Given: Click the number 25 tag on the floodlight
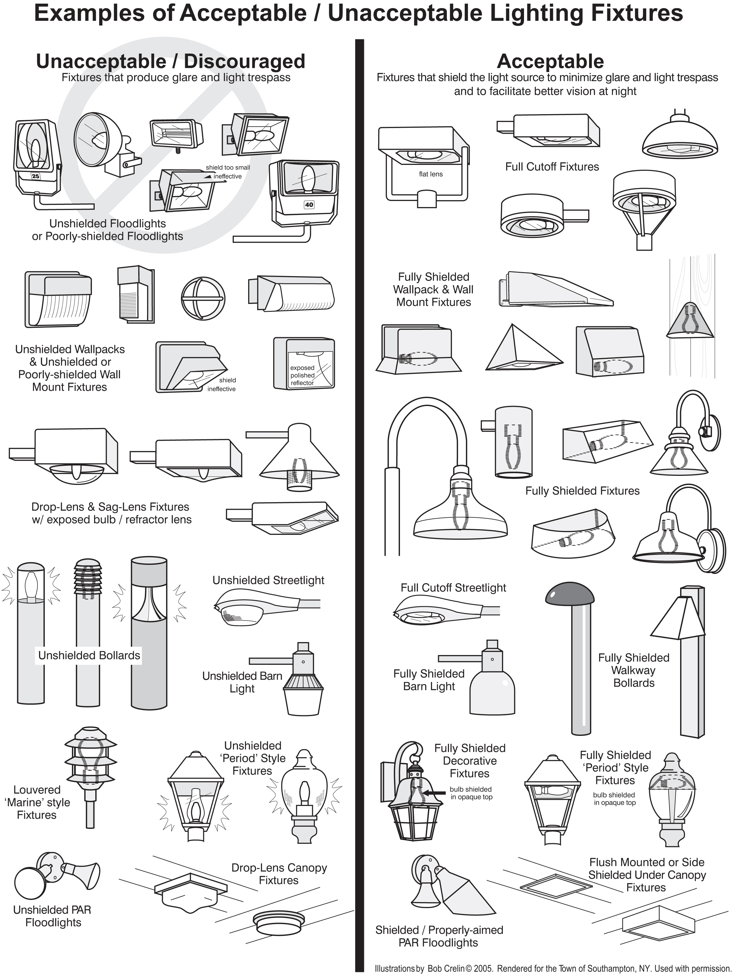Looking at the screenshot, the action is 35,176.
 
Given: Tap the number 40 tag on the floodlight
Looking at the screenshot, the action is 309,205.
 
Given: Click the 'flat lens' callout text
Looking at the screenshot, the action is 431,174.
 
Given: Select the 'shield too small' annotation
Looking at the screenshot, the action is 228,167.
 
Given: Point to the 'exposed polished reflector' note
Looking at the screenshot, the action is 302,375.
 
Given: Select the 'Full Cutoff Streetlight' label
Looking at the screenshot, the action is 453,588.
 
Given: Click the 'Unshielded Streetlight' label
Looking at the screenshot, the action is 268,580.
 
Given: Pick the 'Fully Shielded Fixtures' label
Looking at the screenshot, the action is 582,491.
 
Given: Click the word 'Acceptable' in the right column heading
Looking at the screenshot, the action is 550,61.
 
